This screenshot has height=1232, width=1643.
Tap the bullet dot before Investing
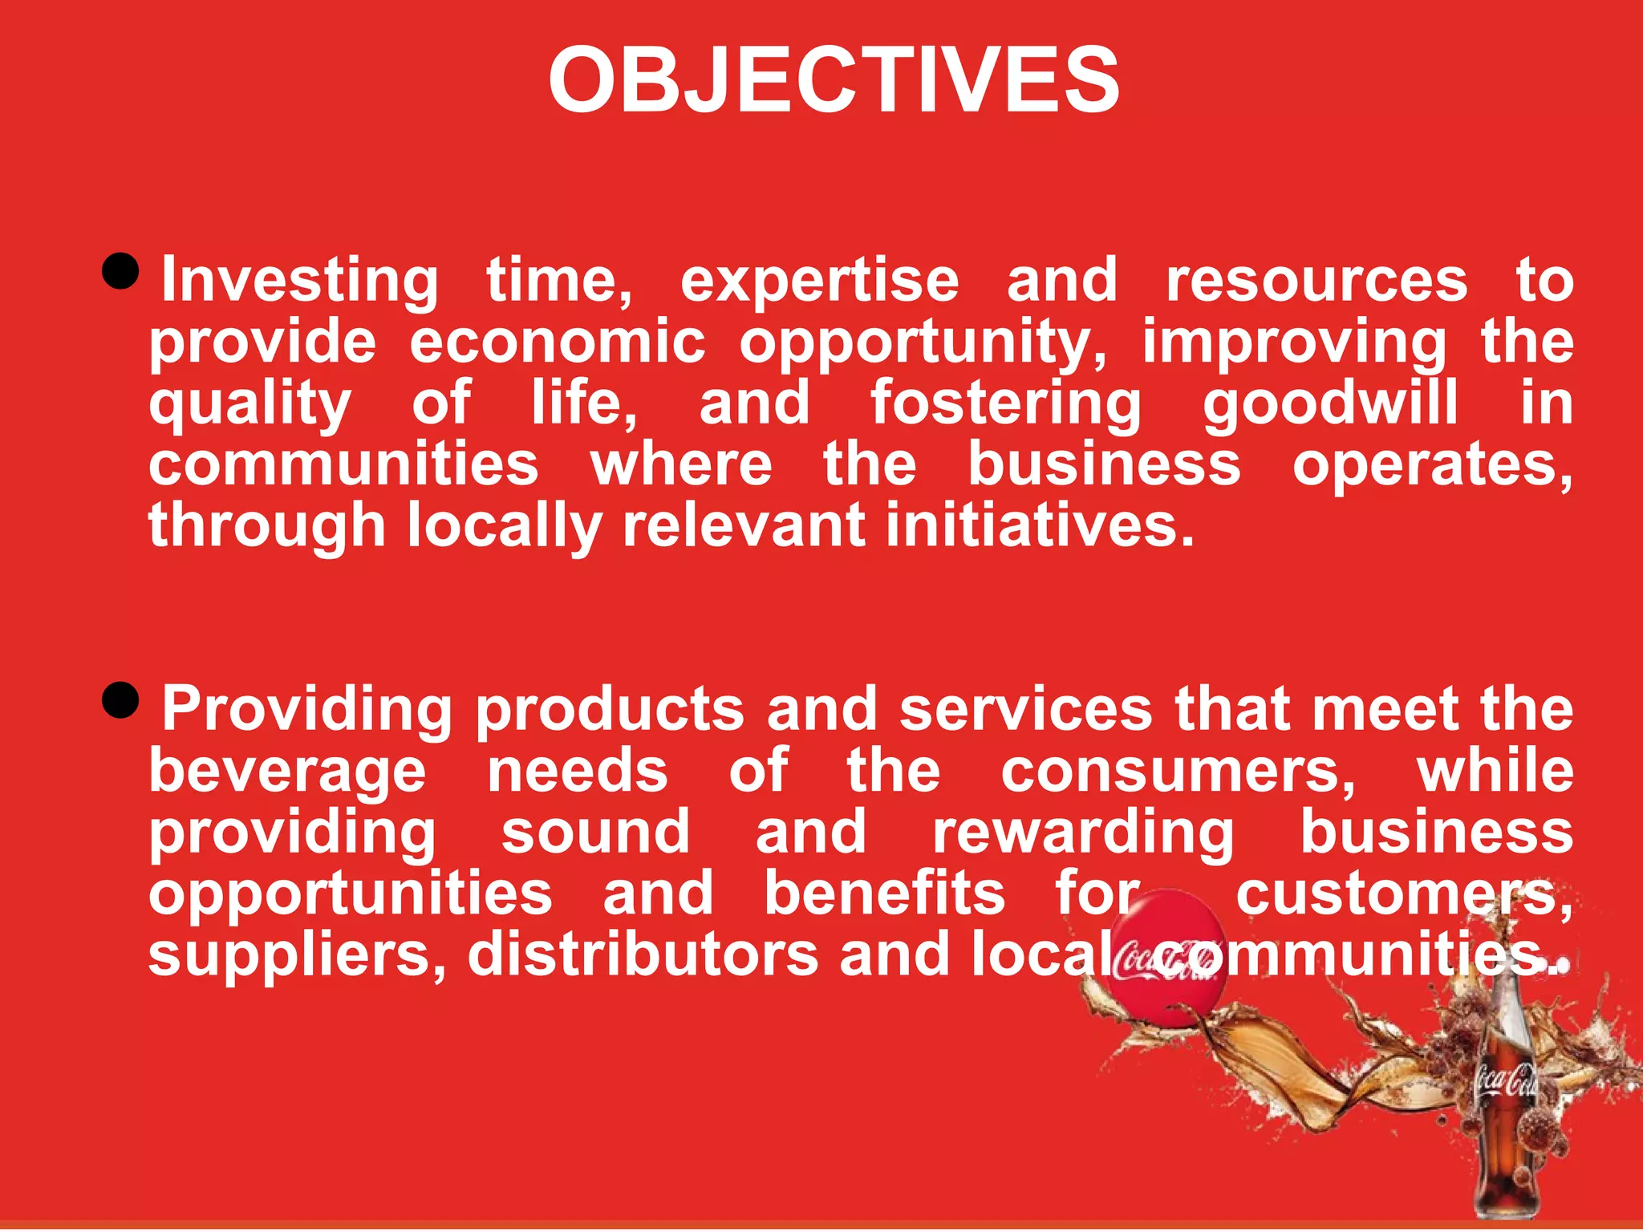pyautogui.click(x=122, y=271)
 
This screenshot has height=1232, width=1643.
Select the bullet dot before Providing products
pyautogui.click(x=122, y=701)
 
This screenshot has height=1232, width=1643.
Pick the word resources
pyautogui.click(x=1316, y=281)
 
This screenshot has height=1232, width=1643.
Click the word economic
pyautogui.click(x=558, y=342)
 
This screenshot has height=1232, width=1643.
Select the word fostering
pyautogui.click(x=1006, y=403)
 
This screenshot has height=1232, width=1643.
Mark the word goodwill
pyautogui.click(x=1330, y=403)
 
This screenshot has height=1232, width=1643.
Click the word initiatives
pyautogui.click(x=1040, y=526)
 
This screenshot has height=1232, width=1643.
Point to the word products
pyautogui.click(x=610, y=711)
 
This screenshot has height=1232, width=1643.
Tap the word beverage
pyautogui.click(x=287, y=772)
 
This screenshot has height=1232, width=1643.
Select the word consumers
pyautogui.click(x=1178, y=772)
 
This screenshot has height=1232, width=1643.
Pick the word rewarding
pyautogui.click(x=1083, y=833)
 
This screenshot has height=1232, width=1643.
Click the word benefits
pyautogui.click(x=884, y=894)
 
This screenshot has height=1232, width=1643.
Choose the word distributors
pyautogui.click(x=643, y=954)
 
